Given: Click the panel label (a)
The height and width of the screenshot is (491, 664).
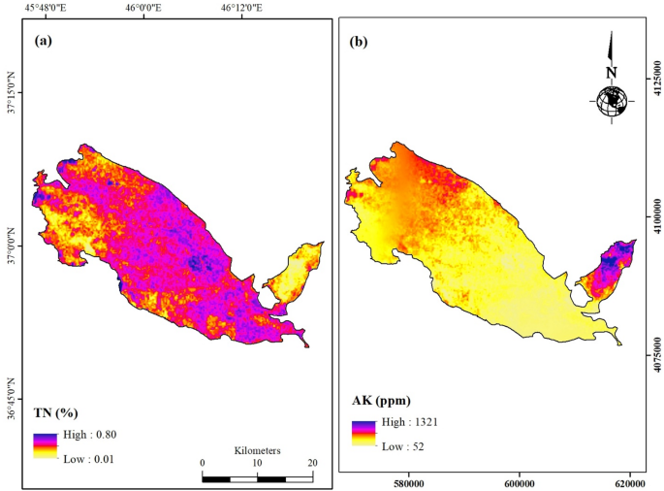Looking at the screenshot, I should pyautogui.click(x=43, y=41).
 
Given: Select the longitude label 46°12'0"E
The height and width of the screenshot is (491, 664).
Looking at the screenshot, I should pyautogui.click(x=237, y=8).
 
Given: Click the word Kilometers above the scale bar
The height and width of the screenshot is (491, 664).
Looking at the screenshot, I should pyautogui.click(x=257, y=451).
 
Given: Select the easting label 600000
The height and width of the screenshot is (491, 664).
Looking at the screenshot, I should pyautogui.click(x=520, y=480).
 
